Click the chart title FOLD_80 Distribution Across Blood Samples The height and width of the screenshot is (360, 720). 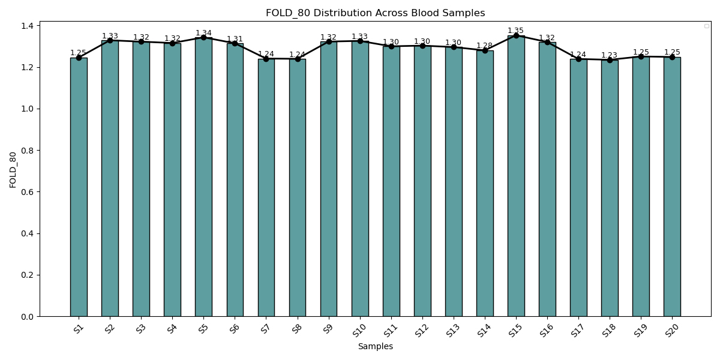(x=375, y=13)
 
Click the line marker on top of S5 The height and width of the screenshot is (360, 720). (x=203, y=38)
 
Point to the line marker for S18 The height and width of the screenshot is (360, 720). (x=610, y=60)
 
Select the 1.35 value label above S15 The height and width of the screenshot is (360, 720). (x=515, y=31)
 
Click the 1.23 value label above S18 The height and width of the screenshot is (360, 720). (x=609, y=55)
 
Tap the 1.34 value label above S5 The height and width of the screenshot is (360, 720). (x=203, y=33)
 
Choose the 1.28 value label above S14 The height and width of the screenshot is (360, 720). (x=484, y=46)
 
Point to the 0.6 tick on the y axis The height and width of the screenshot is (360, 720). (x=28, y=192)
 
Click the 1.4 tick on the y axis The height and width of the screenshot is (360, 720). (x=28, y=26)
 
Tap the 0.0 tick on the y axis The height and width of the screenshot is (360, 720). (x=28, y=317)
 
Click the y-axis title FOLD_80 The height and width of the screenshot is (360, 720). (x=13, y=169)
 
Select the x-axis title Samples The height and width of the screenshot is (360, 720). (x=375, y=346)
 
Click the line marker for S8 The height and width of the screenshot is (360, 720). (x=298, y=59)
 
